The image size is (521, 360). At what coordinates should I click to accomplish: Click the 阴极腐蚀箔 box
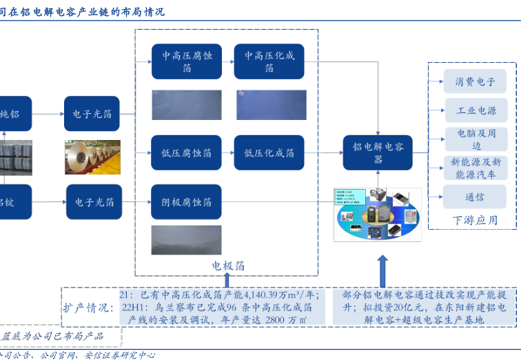pyautogui.click(x=187, y=202)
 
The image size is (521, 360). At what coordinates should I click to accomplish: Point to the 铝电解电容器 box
pyautogui.click(x=378, y=152)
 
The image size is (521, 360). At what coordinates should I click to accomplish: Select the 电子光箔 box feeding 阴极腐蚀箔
pyautogui.click(x=94, y=202)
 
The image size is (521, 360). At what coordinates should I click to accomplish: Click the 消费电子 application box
pyautogui.click(x=475, y=81)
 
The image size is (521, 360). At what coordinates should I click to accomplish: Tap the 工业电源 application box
pyautogui.click(x=475, y=110)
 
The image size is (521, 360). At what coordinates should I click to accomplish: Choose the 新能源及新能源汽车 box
pyautogui.click(x=475, y=168)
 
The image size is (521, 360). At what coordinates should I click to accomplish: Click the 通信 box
pyautogui.click(x=475, y=197)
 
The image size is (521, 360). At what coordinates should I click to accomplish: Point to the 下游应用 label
pyautogui.click(x=475, y=221)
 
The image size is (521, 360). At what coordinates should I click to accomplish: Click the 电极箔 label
pyautogui.click(x=227, y=265)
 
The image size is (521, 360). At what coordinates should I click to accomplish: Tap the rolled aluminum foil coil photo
pyautogui.click(x=93, y=157)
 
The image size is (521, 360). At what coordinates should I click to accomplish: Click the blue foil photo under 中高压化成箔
pyautogui.click(x=271, y=105)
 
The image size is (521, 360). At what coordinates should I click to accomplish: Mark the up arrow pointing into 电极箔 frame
pyautogui.click(x=227, y=279)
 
